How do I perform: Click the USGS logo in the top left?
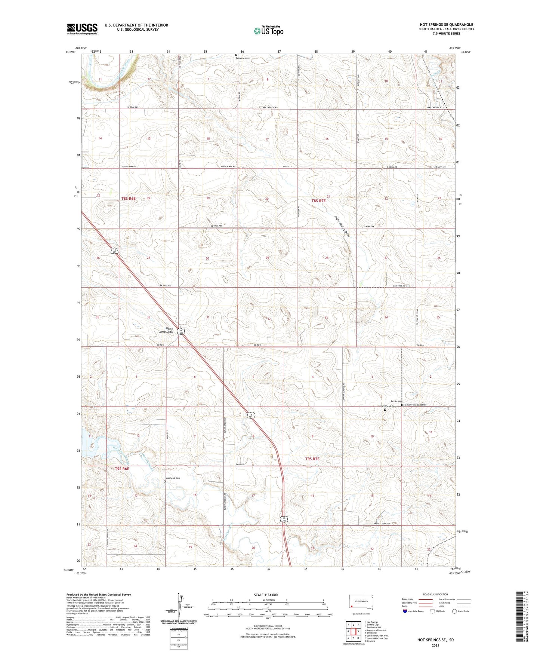pyautogui.click(x=82, y=29)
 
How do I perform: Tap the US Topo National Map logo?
pyautogui.click(x=268, y=30)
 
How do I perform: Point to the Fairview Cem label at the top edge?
pyautogui.click(x=242, y=58)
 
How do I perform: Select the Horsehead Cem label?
pyautogui.click(x=172, y=478)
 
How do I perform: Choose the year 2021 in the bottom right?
pyautogui.click(x=435, y=646)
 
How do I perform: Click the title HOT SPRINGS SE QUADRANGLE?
pyautogui.click(x=446, y=25)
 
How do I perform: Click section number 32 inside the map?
pyautogui.click(x=269, y=319)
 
